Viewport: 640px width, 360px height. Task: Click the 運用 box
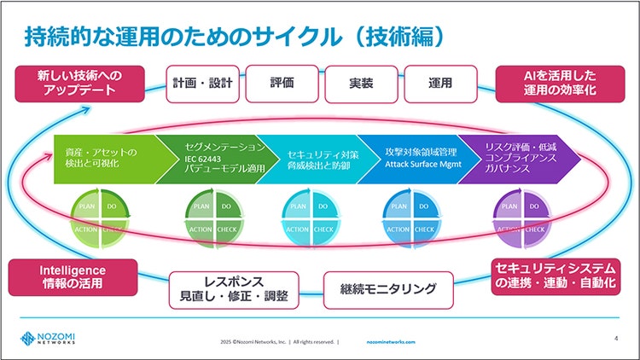click(440, 84)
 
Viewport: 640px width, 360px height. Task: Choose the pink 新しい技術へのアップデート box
click(82, 83)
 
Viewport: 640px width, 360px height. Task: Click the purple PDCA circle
click(521, 218)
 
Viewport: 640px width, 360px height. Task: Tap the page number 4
click(616, 339)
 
